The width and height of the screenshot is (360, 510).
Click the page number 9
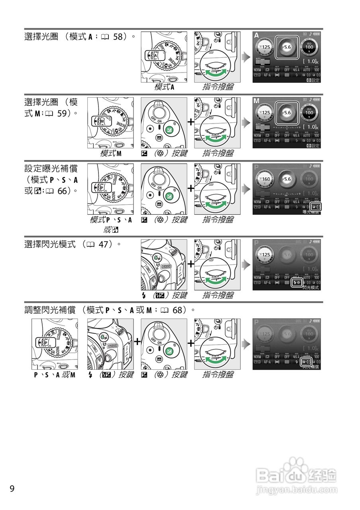click(12, 488)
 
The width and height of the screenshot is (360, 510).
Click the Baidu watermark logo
click(297, 476)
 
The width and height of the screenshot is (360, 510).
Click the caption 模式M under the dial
click(111, 153)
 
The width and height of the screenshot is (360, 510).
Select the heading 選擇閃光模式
click(50, 245)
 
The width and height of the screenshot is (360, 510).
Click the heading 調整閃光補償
click(50, 310)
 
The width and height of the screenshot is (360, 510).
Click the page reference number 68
click(178, 310)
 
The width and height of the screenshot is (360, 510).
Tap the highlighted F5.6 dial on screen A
click(287, 47)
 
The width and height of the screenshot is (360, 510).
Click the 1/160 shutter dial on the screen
click(265, 179)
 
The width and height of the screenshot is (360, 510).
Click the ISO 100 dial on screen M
click(309, 113)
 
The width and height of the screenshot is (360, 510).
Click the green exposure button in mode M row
click(170, 129)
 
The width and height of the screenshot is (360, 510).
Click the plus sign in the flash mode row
click(191, 264)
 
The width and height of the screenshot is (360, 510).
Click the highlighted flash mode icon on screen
click(297, 282)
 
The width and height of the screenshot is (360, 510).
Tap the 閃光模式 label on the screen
click(311, 287)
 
